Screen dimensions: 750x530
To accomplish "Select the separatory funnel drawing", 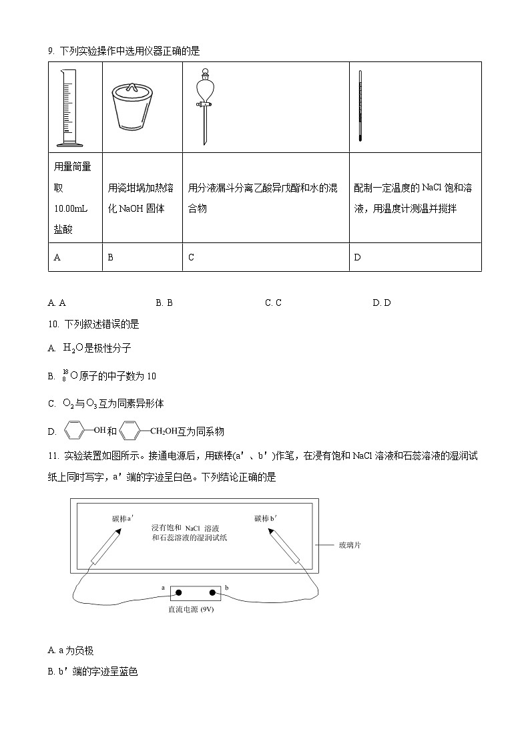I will click(x=204, y=106).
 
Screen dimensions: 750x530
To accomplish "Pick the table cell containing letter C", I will click(x=265, y=257).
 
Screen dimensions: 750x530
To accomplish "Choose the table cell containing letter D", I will click(x=415, y=257).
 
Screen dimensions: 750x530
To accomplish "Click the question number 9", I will click(x=51, y=51).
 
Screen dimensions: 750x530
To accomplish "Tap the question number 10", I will click(x=53, y=324).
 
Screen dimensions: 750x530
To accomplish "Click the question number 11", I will click(x=53, y=456).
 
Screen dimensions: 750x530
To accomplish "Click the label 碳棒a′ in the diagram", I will click(x=123, y=518).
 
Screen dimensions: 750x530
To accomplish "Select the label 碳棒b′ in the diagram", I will click(x=266, y=518).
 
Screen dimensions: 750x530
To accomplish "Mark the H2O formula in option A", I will click(x=73, y=348).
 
